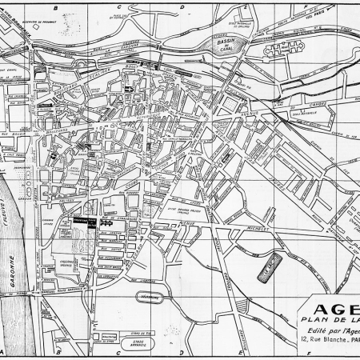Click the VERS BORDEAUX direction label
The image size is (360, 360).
click(16, 24)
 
